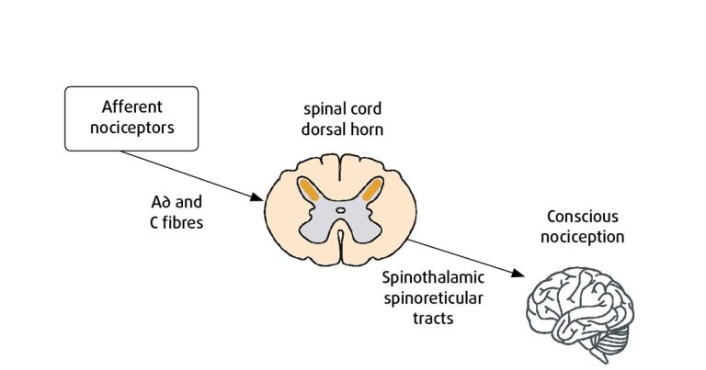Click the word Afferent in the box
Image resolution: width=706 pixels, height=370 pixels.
[131, 107]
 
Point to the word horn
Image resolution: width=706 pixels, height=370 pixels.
[366, 130]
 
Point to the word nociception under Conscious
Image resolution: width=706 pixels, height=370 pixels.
[584, 237]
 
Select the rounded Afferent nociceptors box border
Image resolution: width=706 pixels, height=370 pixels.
[66, 118]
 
